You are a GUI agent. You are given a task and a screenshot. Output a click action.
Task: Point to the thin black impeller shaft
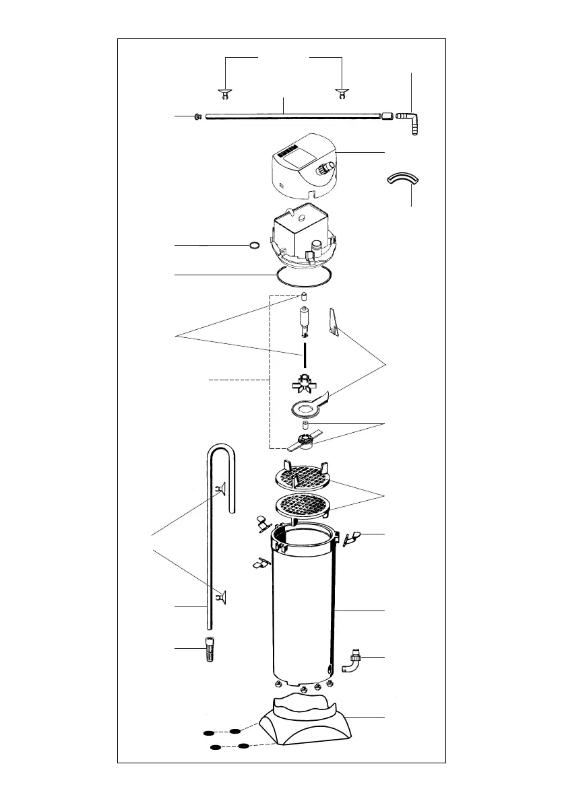(x=304, y=354)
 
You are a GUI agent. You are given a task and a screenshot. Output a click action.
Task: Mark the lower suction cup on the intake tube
(x=220, y=596)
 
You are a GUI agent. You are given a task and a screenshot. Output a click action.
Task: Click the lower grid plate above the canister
(x=304, y=505)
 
